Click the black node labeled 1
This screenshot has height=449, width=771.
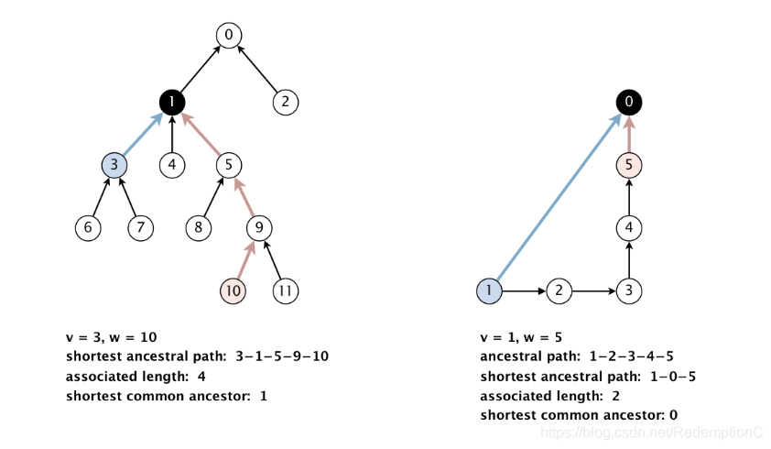[172, 102]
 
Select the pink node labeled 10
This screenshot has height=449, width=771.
[233, 291]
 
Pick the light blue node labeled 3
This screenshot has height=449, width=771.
[114, 165]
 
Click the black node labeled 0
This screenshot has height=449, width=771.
[627, 102]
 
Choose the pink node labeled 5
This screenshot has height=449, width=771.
[627, 165]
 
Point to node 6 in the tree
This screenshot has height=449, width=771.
[88, 228]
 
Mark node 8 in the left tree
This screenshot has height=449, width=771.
[200, 228]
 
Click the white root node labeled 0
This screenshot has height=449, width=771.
[229, 36]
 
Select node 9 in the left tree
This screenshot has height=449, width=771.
[259, 228]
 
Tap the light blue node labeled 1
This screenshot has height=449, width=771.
[490, 291]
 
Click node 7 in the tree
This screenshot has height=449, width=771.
[140, 228]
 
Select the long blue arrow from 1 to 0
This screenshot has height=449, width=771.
[559, 196]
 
